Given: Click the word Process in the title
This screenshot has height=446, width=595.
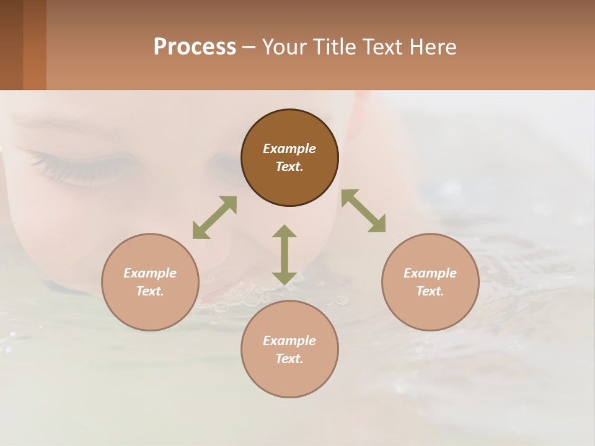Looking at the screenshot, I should click(x=195, y=47).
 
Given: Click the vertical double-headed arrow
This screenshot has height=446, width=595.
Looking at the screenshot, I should click(x=284, y=255).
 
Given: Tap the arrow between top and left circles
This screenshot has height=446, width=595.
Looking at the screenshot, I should click(x=214, y=217).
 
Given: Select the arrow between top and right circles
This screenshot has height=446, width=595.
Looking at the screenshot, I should click(x=363, y=211).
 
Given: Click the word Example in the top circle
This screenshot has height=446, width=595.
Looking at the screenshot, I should click(x=289, y=149).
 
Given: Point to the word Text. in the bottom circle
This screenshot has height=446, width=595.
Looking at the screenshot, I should click(x=289, y=359).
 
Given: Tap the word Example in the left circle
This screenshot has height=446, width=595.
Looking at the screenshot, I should click(x=150, y=273).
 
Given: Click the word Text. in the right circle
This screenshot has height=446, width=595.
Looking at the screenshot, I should click(x=430, y=291).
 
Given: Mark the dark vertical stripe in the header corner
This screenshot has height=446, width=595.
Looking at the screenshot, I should click(x=12, y=45).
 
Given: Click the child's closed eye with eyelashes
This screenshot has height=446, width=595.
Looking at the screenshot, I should click(x=81, y=164).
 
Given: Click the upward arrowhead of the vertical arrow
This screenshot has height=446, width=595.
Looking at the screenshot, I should click(x=284, y=232).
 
